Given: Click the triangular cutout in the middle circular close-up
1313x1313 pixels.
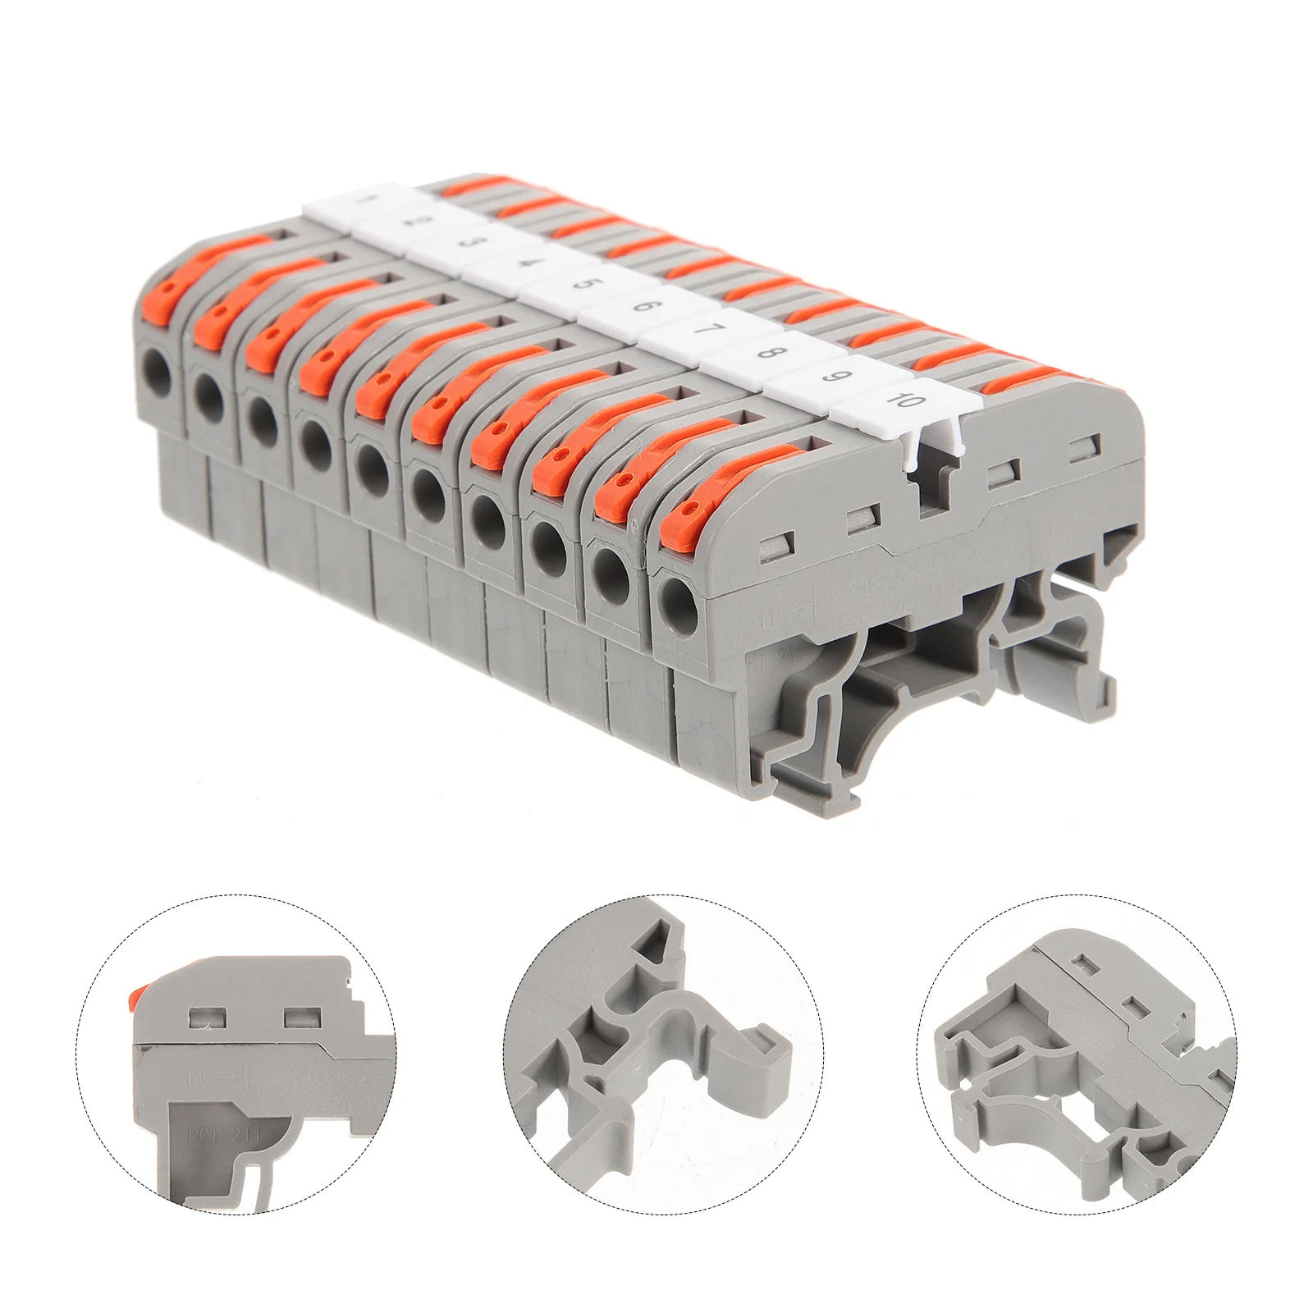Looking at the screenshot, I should coord(661,935).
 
